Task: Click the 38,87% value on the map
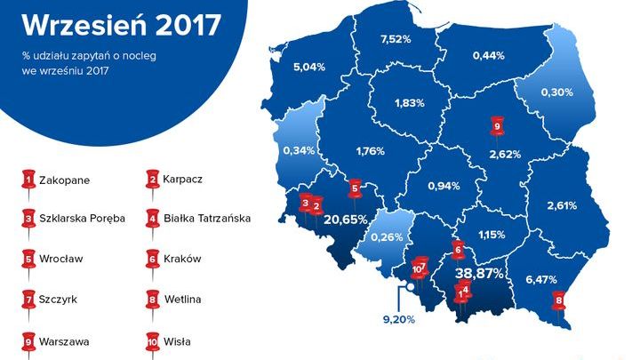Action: pos(482,273)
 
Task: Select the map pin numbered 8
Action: pos(558,300)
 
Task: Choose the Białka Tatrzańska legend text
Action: pos(208,218)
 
